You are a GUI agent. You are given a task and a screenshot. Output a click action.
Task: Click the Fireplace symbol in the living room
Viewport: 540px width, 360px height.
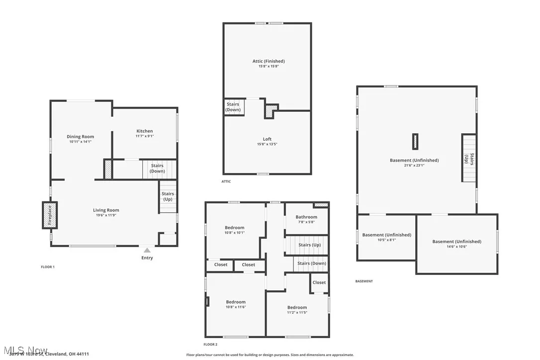(49, 215)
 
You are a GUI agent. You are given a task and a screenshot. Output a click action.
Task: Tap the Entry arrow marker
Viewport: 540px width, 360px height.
(147, 250)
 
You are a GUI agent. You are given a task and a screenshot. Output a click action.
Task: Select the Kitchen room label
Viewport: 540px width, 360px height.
(145, 131)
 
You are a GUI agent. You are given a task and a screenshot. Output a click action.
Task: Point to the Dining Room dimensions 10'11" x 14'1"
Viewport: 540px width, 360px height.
(81, 142)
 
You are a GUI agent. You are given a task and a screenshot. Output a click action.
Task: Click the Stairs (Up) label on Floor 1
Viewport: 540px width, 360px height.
(168, 196)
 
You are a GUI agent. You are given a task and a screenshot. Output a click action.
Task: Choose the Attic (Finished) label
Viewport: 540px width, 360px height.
(269, 61)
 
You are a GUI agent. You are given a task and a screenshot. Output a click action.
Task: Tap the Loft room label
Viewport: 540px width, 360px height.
(268, 139)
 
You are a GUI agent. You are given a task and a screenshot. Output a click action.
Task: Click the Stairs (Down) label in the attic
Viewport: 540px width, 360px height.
(233, 107)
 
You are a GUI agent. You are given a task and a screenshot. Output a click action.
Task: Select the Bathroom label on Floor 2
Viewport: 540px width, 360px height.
(306, 217)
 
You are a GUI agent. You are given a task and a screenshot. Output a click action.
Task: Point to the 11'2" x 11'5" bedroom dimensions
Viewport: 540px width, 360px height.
(297, 313)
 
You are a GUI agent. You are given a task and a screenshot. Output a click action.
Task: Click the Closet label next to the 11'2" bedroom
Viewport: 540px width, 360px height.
(319, 282)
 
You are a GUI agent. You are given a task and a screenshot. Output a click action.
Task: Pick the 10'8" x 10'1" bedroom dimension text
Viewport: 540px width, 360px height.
(235, 232)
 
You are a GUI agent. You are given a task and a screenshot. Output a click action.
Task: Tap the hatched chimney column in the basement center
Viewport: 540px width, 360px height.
(415, 141)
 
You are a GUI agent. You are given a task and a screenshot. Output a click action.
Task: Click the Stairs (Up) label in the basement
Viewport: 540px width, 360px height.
(469, 159)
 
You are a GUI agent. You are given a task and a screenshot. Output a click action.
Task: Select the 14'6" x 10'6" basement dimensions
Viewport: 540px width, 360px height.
(456, 247)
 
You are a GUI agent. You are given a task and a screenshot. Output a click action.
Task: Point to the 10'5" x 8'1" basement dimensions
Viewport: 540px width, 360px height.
(386, 240)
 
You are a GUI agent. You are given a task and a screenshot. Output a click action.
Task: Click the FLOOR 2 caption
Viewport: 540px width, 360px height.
(210, 344)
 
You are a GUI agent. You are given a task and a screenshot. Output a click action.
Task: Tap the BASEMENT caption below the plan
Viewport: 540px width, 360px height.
(363, 281)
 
